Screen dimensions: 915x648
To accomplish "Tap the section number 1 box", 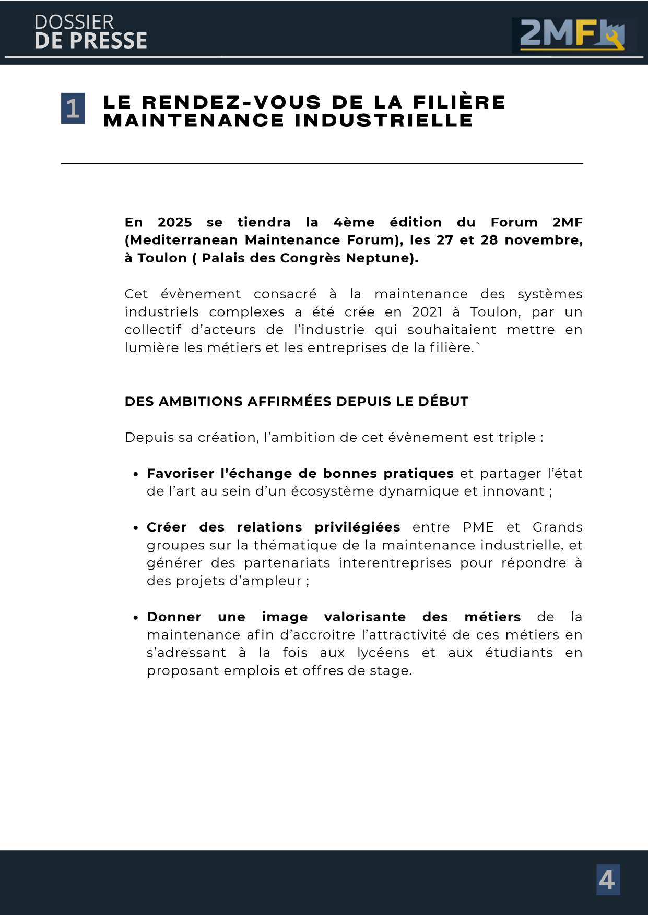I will [73, 109].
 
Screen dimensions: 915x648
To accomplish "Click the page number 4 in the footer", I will [608, 880].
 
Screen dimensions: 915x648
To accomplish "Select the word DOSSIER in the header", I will [74, 22].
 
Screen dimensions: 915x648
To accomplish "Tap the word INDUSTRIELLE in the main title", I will [384, 121].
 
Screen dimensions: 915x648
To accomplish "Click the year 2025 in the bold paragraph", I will [174, 222].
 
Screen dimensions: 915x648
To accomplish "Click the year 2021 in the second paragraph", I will [427, 312].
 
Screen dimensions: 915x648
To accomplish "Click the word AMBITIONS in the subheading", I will [201, 402].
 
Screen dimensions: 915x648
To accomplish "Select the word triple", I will [517, 437].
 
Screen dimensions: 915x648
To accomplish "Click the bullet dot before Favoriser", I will [136, 474].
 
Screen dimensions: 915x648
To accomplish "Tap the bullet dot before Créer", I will [136, 528].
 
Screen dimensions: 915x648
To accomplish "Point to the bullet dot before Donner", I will [136, 618].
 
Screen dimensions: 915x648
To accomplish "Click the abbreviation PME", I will [478, 527].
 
